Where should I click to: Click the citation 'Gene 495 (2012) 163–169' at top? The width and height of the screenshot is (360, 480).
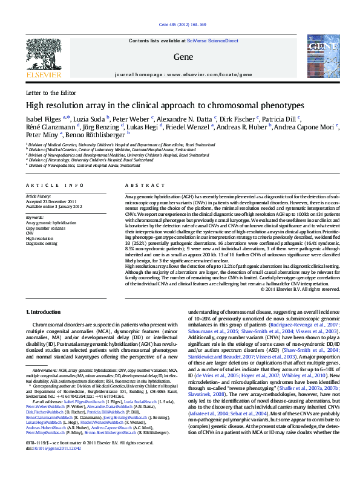coord(182,25)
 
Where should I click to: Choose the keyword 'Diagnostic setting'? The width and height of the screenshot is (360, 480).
coord(44,244)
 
